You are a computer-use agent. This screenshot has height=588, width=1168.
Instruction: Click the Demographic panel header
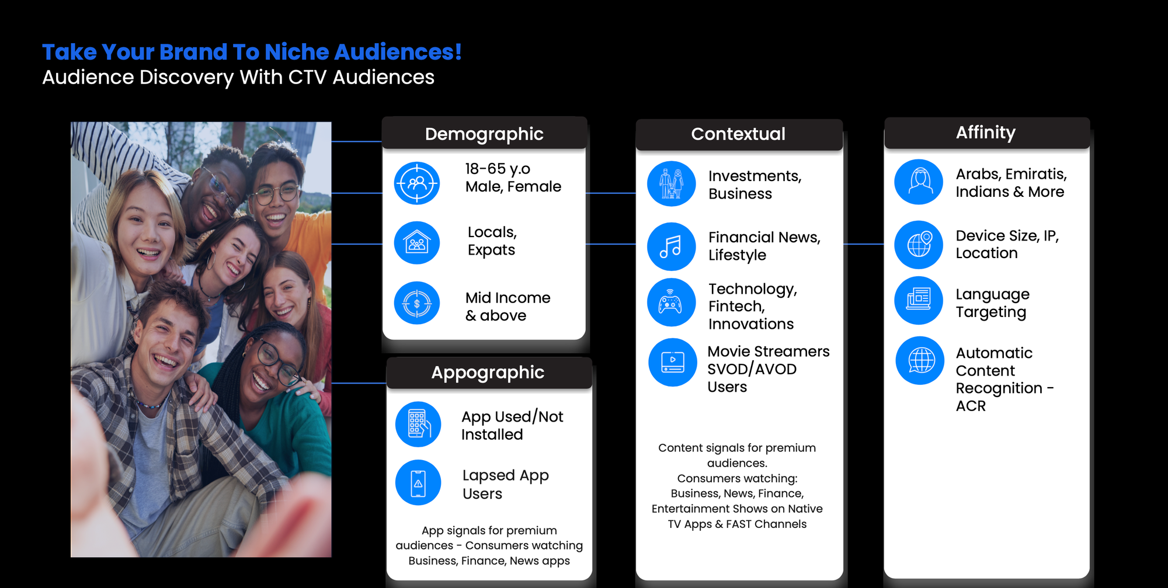(x=484, y=134)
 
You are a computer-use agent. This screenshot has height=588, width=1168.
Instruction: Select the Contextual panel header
(x=739, y=134)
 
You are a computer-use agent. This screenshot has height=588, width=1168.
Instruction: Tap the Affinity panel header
(x=986, y=133)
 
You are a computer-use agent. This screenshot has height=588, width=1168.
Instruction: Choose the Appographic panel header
(x=488, y=373)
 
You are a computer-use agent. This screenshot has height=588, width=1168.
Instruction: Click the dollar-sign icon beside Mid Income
(x=417, y=303)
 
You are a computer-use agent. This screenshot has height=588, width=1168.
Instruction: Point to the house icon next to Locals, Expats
(x=417, y=242)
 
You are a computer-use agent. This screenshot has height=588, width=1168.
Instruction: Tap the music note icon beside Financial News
(x=672, y=246)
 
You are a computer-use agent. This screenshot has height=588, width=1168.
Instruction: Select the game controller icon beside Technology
(x=672, y=302)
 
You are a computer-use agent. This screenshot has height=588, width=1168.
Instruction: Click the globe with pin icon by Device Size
(x=919, y=245)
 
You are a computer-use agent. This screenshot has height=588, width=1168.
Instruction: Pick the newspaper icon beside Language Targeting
(x=919, y=300)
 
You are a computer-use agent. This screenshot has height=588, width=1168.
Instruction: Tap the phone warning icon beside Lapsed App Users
(x=418, y=482)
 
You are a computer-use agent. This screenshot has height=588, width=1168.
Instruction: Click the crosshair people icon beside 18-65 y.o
(x=417, y=183)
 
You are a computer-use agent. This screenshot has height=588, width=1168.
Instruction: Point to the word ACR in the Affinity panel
(x=971, y=406)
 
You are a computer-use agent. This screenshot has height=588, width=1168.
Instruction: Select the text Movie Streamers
(x=769, y=352)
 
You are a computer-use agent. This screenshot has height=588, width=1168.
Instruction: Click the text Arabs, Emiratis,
(x=1011, y=174)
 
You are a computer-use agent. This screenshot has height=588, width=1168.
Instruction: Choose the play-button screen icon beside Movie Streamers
(x=673, y=362)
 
